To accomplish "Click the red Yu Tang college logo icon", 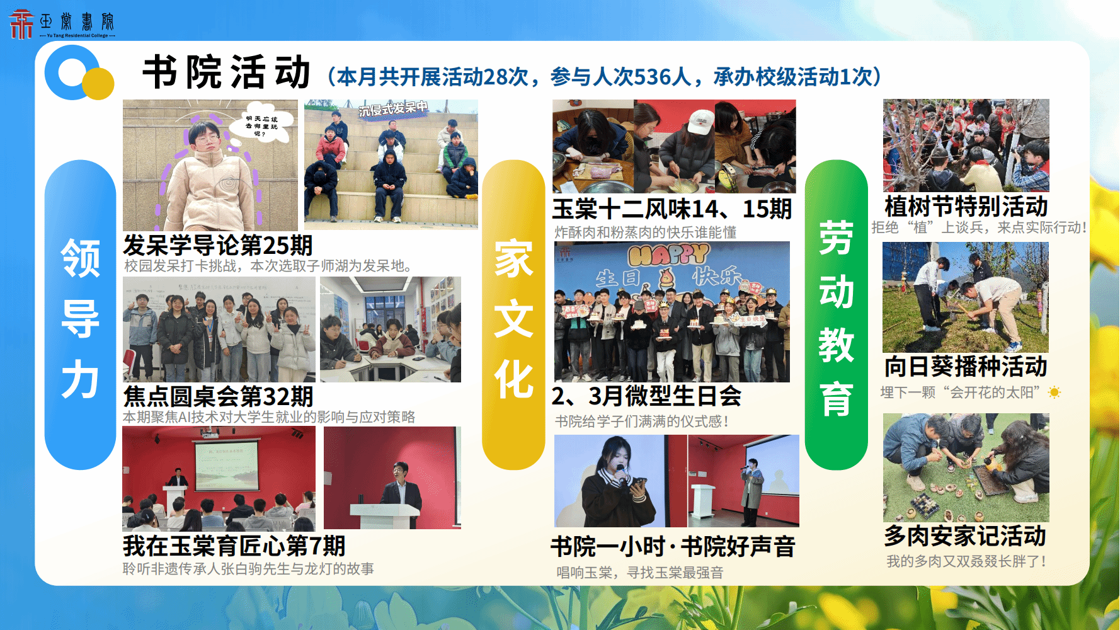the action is pyautogui.click(x=21, y=24).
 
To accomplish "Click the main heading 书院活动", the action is pyautogui.click(x=227, y=72).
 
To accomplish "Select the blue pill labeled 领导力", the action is pyautogui.click(x=81, y=315).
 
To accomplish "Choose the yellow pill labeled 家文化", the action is pyautogui.click(x=513, y=315).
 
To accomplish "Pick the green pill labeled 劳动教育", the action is pyautogui.click(x=837, y=315).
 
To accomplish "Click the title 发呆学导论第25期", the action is pyautogui.click(x=218, y=245).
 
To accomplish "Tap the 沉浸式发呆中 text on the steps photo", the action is pyautogui.click(x=394, y=108).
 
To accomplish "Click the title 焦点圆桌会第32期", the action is pyautogui.click(x=218, y=396).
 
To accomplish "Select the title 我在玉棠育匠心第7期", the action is pyautogui.click(x=234, y=546).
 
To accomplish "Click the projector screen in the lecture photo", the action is pyautogui.click(x=226, y=465).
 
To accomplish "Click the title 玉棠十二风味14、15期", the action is pyautogui.click(x=672, y=209).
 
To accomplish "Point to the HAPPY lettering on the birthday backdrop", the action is pyautogui.click(x=669, y=255).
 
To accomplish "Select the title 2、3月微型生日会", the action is pyautogui.click(x=647, y=396).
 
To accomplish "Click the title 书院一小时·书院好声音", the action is pyautogui.click(x=673, y=546).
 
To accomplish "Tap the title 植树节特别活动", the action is pyautogui.click(x=966, y=206).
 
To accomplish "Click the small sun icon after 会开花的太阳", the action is pyautogui.click(x=1054, y=392).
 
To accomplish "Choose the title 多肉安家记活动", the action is pyautogui.click(x=966, y=535).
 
